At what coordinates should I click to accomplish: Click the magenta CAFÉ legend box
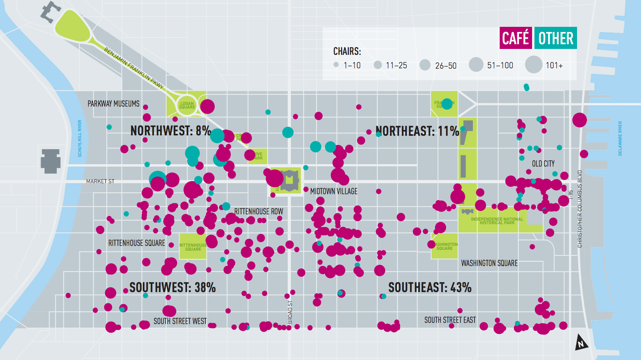(515, 38)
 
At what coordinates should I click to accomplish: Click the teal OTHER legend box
(555, 38)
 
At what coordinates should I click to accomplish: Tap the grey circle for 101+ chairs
(533, 64)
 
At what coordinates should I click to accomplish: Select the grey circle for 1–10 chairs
(336, 64)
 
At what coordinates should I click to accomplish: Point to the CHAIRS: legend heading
(347, 51)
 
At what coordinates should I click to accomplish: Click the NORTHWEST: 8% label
(171, 131)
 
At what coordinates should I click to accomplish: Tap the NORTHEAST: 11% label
(417, 131)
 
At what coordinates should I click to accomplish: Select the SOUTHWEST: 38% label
(172, 287)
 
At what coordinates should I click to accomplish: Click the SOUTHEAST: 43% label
(430, 287)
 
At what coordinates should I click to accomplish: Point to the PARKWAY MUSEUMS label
(113, 104)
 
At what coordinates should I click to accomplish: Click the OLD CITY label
(543, 163)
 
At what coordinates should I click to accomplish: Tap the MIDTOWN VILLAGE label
(334, 191)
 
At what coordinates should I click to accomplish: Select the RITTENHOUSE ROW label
(259, 212)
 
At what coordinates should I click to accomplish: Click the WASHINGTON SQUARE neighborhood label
(489, 263)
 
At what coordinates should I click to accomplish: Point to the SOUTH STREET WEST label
(180, 321)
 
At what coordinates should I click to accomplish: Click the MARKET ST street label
(100, 181)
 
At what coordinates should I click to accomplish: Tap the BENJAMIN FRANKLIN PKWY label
(134, 67)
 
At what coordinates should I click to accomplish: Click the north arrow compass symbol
(581, 342)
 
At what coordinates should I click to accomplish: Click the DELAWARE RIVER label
(620, 138)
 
